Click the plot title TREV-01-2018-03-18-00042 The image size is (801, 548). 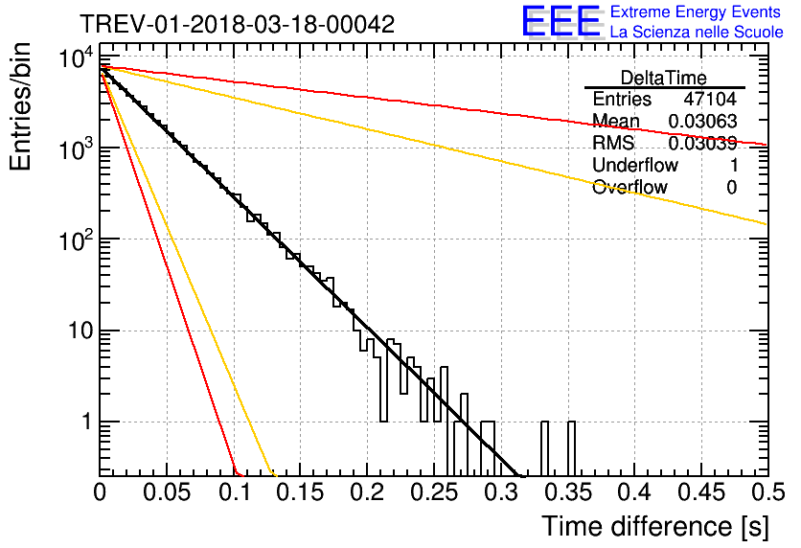(238, 24)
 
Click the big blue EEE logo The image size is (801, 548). (561, 21)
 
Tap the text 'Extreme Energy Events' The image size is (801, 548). (696, 11)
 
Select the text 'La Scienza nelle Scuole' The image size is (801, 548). (697, 32)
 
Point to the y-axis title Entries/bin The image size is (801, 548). (20, 106)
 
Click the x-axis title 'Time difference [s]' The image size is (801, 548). (655, 526)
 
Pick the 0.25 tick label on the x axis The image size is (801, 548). (434, 492)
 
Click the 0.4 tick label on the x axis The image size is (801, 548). (634, 492)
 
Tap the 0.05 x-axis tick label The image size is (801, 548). (167, 492)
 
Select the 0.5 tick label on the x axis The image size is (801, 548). (767, 492)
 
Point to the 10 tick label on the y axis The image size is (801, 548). (81, 331)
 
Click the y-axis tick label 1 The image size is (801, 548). (87, 422)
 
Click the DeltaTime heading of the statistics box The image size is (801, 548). (664, 79)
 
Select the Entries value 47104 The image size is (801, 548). (710, 99)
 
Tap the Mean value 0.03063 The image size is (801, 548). (702, 121)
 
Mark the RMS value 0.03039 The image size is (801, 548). (702, 143)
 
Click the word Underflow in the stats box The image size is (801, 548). (635, 165)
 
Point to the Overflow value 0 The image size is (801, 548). (731, 188)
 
